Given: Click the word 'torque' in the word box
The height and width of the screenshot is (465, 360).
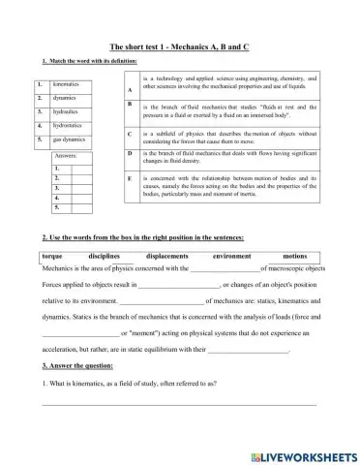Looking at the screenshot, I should [x=53, y=256].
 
